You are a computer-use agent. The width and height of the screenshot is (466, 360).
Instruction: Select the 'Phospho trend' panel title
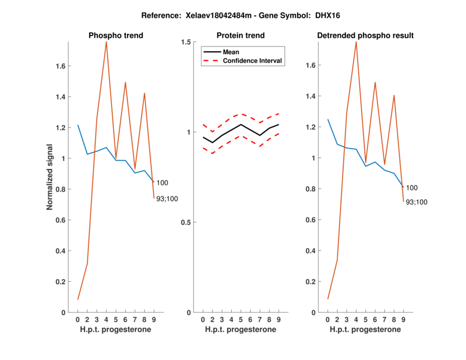tap(116, 36)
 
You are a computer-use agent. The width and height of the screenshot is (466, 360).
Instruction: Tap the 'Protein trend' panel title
tap(241, 36)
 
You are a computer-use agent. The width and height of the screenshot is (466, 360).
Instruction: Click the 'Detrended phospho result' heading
tap(365, 36)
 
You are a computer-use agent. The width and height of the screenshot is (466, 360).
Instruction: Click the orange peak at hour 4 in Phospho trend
tap(106, 42)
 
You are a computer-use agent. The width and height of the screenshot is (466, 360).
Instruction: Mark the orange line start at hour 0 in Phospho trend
tap(78, 299)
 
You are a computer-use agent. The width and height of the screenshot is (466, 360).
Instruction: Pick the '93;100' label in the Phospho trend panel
tap(167, 199)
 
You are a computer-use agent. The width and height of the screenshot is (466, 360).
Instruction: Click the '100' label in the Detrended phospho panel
tap(411, 188)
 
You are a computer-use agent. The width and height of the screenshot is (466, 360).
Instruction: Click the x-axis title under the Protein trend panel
tap(241, 330)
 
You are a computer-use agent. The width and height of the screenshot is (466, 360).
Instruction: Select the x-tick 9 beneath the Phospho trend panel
tap(154, 320)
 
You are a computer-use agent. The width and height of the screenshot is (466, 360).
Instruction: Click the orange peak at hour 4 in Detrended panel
tap(356, 42)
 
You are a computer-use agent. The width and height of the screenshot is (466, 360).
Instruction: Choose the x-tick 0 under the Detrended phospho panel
tap(327, 320)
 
